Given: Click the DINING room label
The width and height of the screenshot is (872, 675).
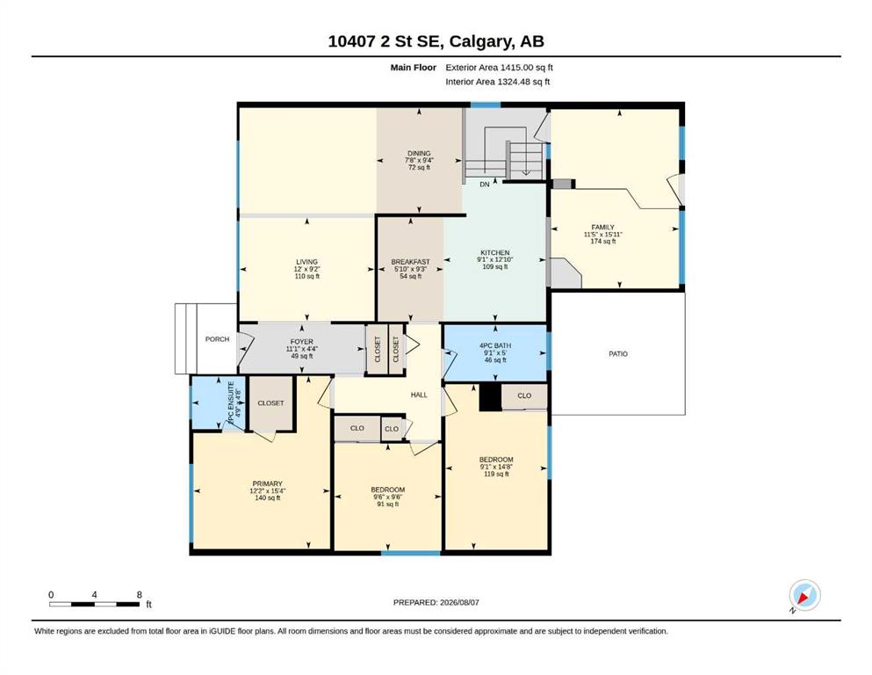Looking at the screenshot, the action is click(x=419, y=153).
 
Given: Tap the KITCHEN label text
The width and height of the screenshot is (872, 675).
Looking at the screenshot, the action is click(x=495, y=252).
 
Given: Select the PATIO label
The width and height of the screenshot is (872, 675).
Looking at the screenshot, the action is click(x=618, y=354).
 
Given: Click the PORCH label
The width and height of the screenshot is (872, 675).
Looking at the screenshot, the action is click(x=217, y=339).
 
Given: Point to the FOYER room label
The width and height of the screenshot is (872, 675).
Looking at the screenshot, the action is click(x=302, y=342).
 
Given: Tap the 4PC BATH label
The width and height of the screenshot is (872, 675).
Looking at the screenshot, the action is click(x=495, y=345).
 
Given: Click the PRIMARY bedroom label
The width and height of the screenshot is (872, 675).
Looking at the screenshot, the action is click(x=268, y=483).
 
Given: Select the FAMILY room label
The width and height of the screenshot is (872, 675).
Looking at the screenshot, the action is click(x=602, y=227).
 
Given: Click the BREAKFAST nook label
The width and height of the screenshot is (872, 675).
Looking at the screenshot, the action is click(x=410, y=262).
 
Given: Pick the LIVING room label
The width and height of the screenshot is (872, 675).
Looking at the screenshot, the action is click(x=307, y=262).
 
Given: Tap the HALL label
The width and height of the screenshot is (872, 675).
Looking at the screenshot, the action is click(x=419, y=395).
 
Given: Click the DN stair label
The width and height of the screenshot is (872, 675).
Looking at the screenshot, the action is click(x=485, y=185).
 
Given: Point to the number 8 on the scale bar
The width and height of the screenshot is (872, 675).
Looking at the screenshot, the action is click(x=139, y=594).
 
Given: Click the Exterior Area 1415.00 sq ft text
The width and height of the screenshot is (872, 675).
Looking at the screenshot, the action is click(x=499, y=68).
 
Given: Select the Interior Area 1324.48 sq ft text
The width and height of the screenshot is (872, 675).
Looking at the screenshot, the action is click(x=498, y=82).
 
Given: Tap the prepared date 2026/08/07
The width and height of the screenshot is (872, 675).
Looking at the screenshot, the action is click(x=459, y=602).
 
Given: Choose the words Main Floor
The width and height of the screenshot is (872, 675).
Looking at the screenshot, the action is click(x=414, y=68).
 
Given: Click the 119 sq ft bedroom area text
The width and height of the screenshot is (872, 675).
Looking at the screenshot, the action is click(x=496, y=474).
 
